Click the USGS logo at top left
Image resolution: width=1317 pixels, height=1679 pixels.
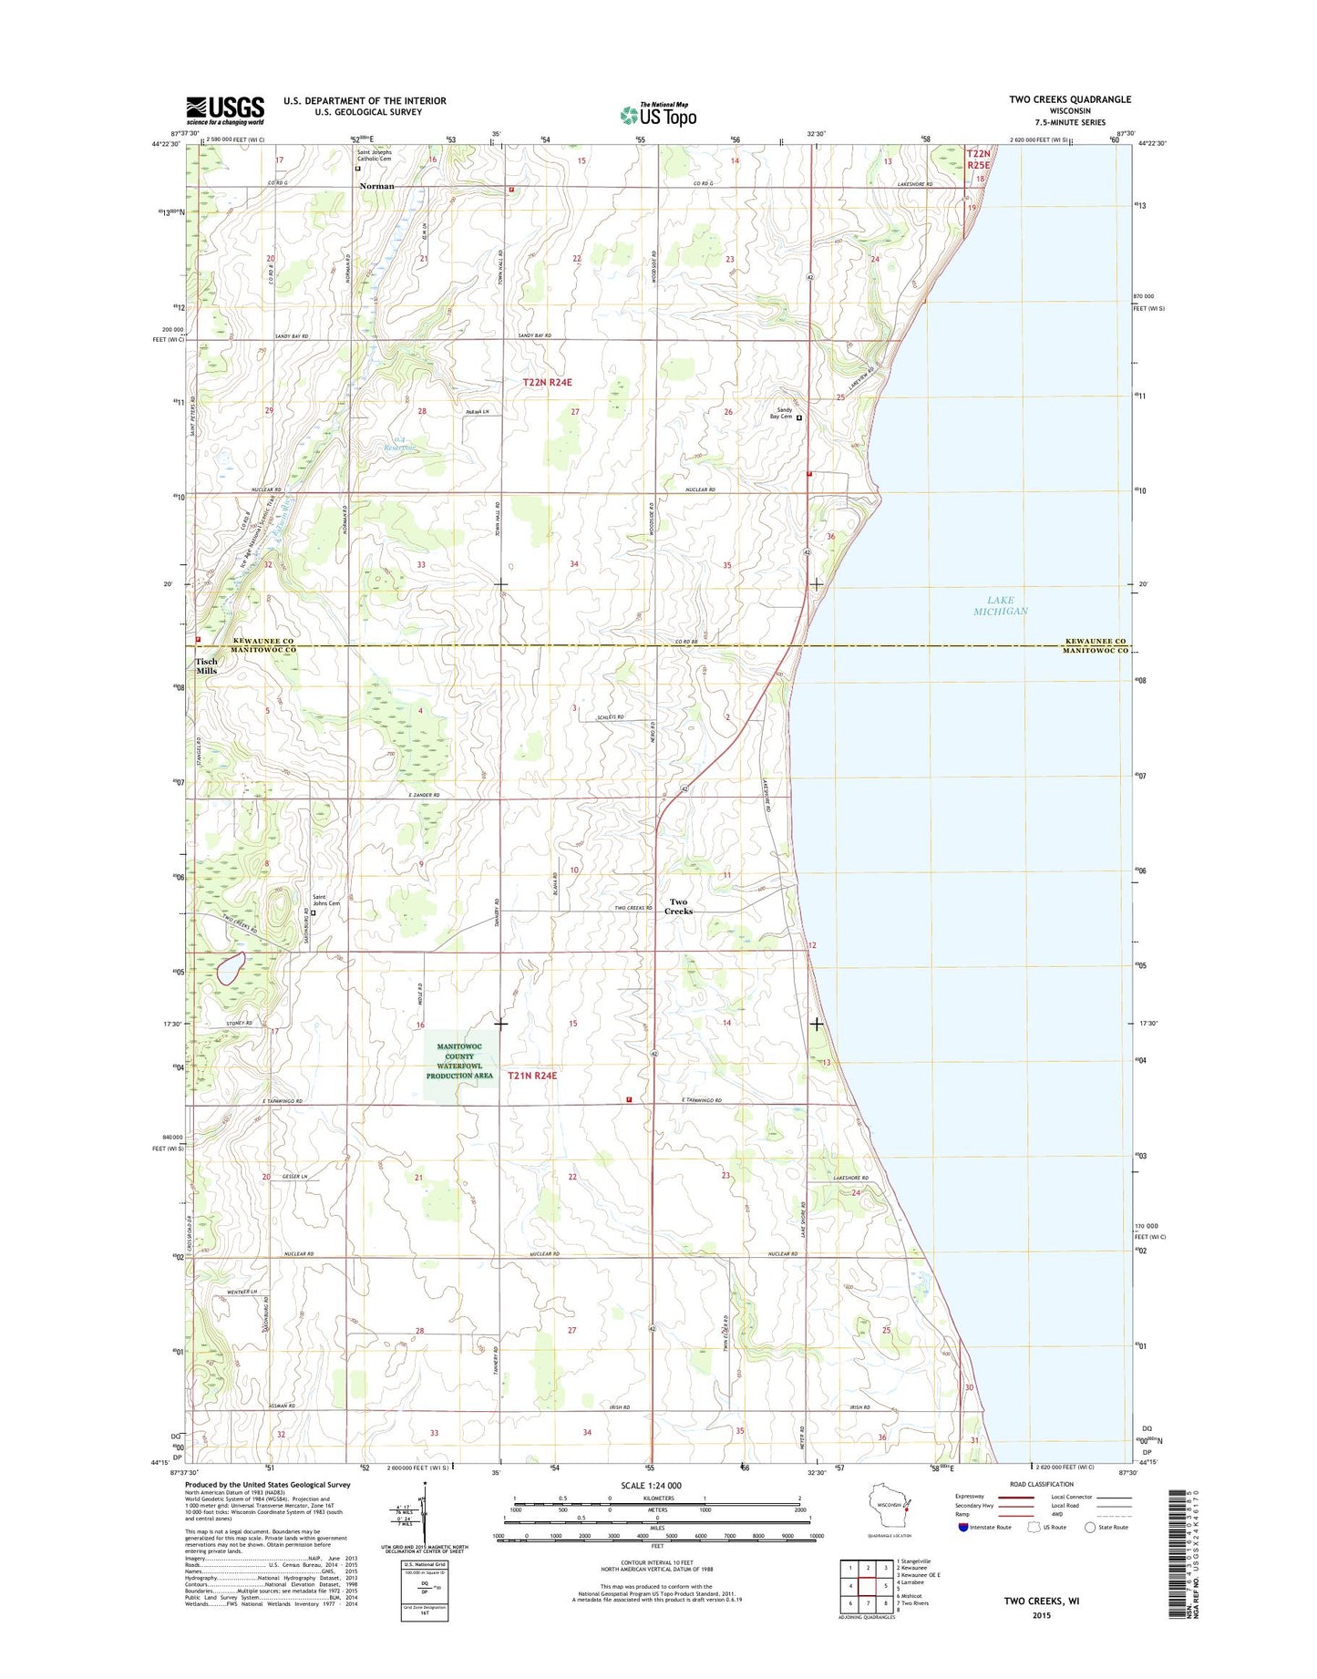[x=225, y=110]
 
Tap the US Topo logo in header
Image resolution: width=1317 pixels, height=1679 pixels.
[x=658, y=114]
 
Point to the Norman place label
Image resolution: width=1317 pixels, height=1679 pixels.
[x=376, y=186]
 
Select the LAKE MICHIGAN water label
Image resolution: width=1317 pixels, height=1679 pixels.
[x=1000, y=605]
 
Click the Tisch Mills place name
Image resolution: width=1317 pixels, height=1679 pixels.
[x=206, y=666]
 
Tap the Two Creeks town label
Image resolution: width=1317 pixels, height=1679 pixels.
[x=678, y=906]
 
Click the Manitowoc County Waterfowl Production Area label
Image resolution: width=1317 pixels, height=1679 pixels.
[x=459, y=1061]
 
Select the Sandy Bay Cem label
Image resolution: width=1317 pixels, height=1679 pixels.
[x=781, y=413]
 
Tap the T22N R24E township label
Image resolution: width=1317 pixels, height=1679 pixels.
[x=547, y=383]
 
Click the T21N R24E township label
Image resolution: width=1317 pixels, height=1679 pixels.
[x=532, y=1076]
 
